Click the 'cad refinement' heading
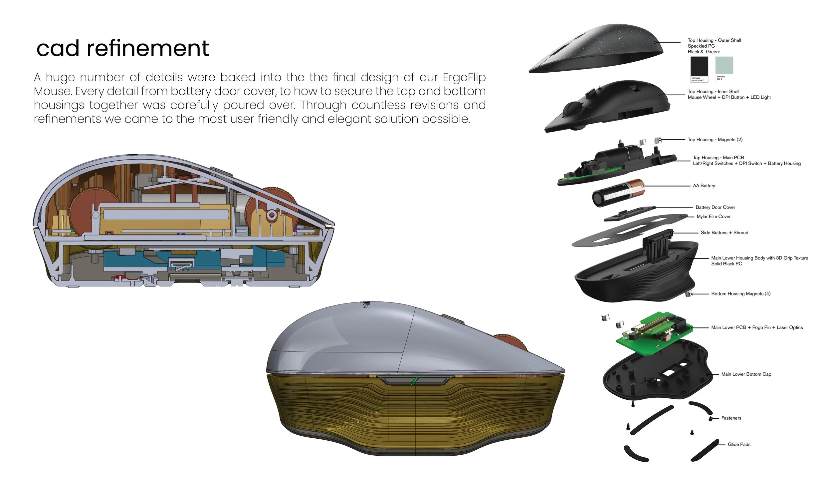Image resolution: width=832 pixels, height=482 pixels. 122,49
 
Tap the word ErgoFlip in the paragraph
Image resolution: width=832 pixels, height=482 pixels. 464,78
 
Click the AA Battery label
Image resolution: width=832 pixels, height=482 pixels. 704,186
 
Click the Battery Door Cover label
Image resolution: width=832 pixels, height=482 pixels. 715,208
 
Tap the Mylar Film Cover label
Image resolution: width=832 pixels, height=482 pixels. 714,217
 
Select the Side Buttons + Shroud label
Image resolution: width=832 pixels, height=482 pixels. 724,233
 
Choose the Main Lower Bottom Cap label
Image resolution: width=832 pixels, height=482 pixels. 746,374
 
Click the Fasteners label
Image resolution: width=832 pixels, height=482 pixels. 731,418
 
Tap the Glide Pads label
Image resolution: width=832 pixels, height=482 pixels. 739,445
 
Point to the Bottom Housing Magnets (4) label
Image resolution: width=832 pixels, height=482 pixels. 740,294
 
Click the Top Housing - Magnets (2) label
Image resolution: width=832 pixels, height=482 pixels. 715,140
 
